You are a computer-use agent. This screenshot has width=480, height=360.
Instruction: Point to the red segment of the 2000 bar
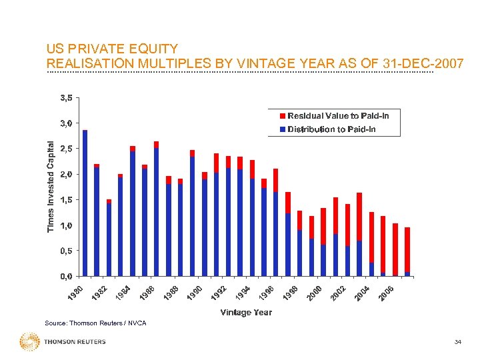pos(323,226)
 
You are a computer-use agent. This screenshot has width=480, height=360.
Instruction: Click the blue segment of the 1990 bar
pos(204,227)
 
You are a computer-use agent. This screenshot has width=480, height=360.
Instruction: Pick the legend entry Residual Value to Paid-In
pos(337,115)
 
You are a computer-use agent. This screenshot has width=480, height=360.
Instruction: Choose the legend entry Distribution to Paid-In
pos(331,129)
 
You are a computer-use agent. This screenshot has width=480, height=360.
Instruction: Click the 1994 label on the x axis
pos(243,291)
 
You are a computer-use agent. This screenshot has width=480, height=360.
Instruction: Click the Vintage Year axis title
pos(246,312)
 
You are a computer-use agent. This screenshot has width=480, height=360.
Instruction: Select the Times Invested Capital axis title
pos(51,186)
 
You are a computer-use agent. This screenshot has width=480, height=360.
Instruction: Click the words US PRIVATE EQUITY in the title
pos(111,49)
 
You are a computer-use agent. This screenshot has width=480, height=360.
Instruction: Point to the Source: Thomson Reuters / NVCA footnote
pos(95,323)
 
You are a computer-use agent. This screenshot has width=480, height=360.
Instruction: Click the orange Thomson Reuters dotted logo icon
pos(30,342)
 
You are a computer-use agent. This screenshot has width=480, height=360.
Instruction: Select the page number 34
pos(457,342)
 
